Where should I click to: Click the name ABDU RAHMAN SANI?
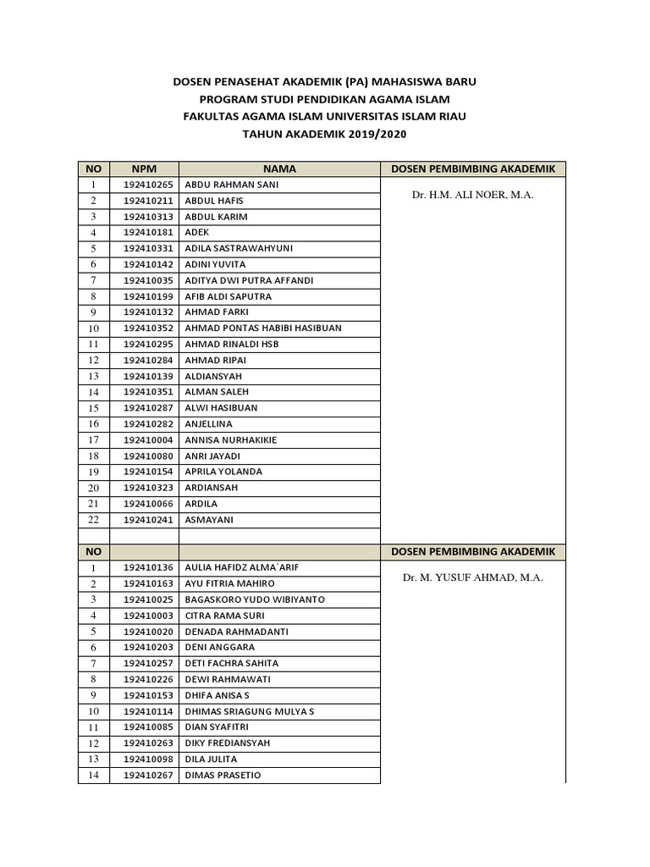[x=232, y=185]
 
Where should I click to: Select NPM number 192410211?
[x=148, y=201]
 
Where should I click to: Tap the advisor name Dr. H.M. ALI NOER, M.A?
[x=472, y=195]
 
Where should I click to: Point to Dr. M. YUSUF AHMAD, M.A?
[x=472, y=577]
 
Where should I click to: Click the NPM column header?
[x=144, y=169]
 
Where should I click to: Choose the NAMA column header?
[x=279, y=169]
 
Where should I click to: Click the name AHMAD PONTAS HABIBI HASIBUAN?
[x=263, y=328]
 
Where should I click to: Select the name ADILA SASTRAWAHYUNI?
[x=239, y=248]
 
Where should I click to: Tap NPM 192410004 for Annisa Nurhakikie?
[x=148, y=440]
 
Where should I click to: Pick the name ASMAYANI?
[x=209, y=520]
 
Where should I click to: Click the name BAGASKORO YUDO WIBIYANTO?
[x=255, y=599]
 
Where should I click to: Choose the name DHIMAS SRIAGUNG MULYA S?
[x=250, y=711]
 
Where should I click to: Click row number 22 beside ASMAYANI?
[x=94, y=520]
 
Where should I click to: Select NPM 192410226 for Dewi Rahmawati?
[x=148, y=679]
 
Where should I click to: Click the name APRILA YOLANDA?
[x=223, y=472]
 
